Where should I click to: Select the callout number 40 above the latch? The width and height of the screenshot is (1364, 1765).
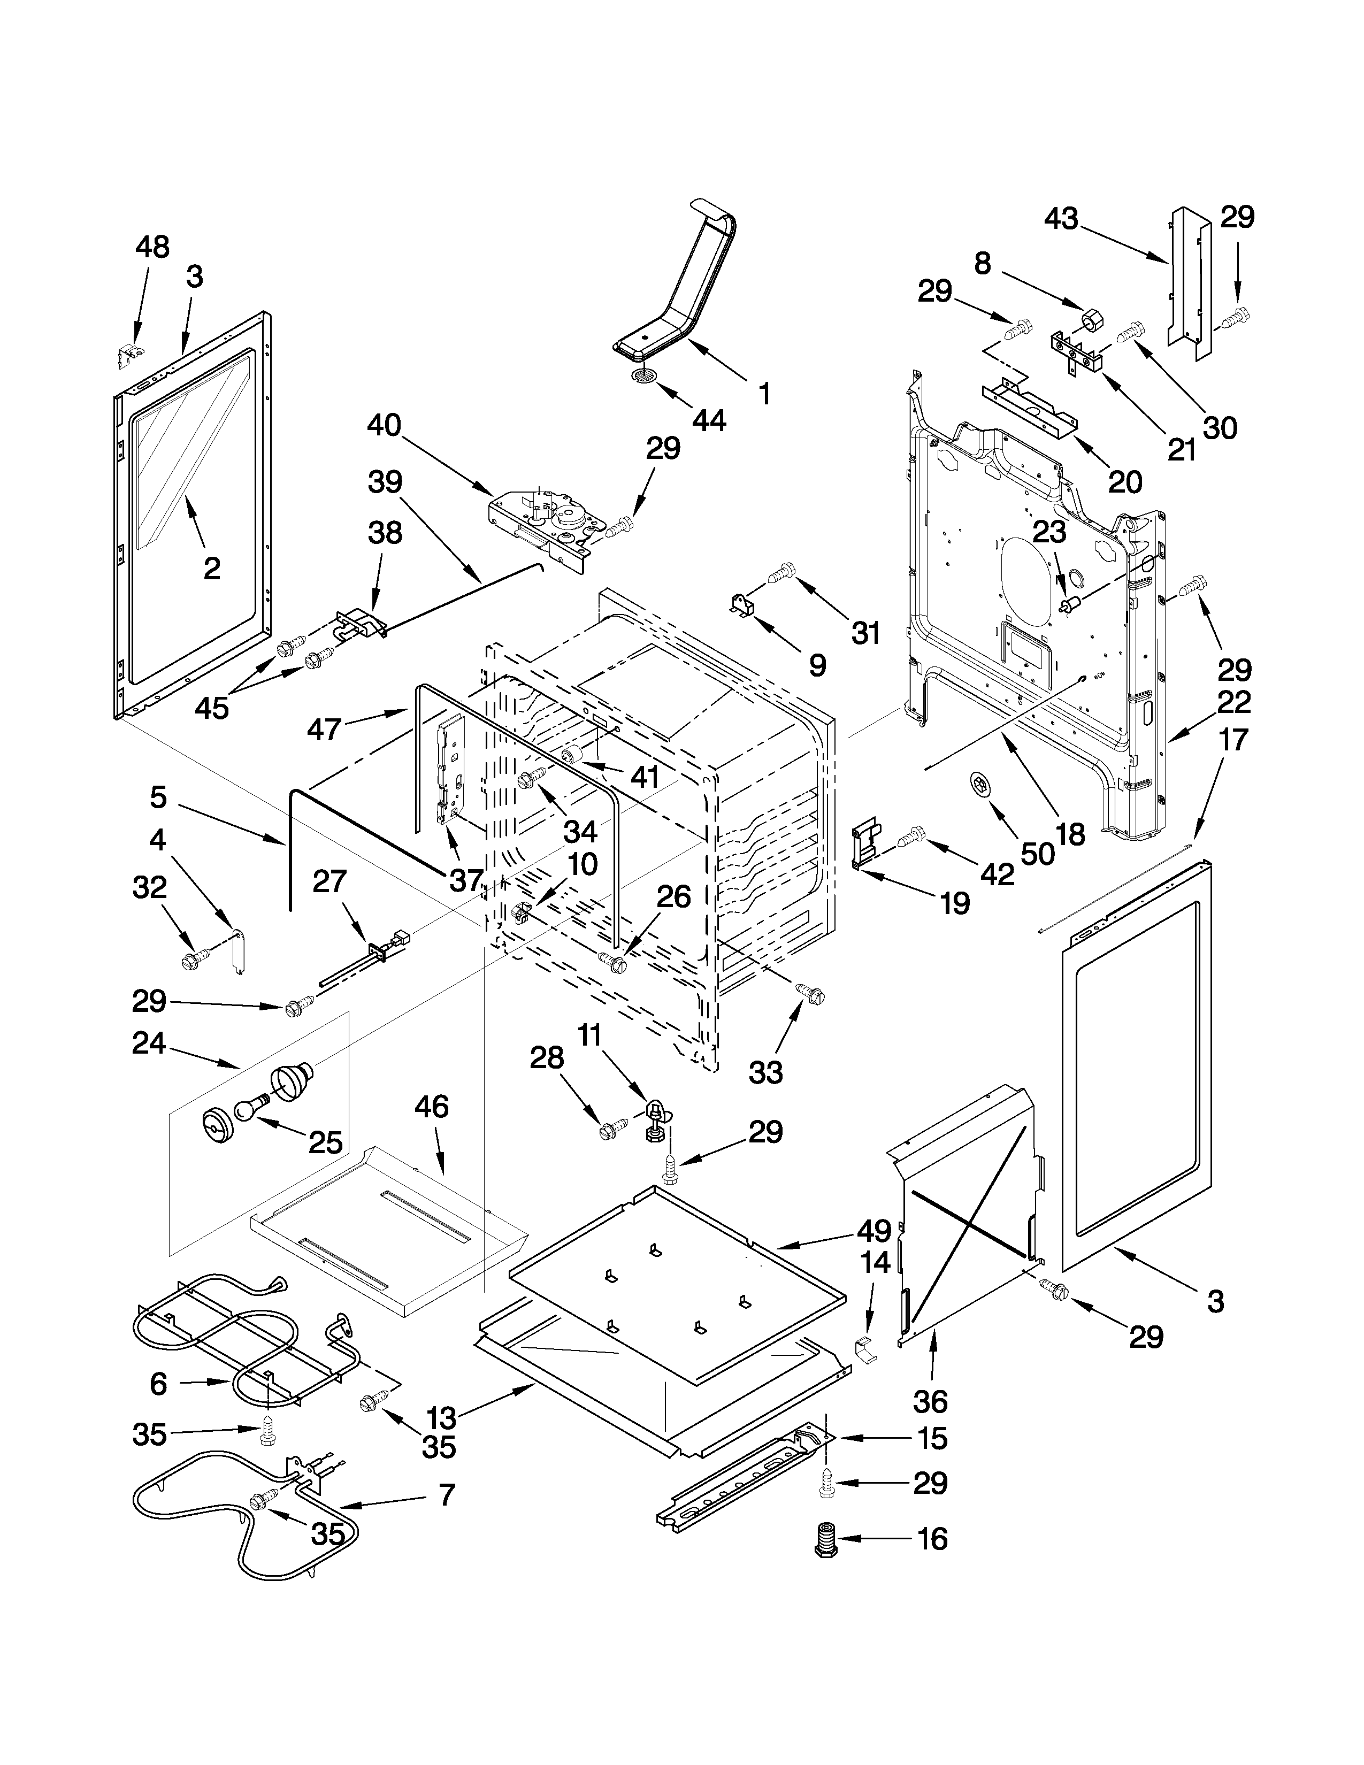[x=384, y=425]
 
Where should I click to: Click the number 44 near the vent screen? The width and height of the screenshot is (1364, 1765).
[x=709, y=421]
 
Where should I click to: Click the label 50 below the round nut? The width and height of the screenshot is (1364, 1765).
[x=1038, y=853]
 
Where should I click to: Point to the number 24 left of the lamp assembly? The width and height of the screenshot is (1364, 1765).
[x=149, y=1043]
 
